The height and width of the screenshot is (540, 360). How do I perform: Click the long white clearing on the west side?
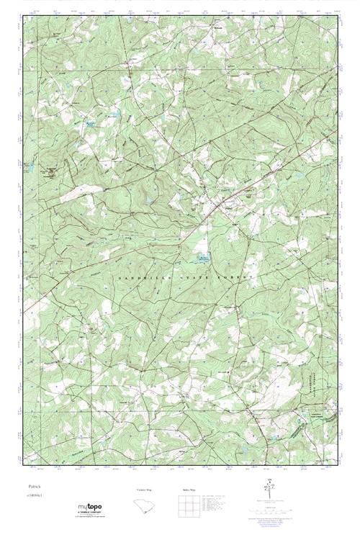pos(76,193)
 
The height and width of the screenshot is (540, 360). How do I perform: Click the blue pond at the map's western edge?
pos(29,165)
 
